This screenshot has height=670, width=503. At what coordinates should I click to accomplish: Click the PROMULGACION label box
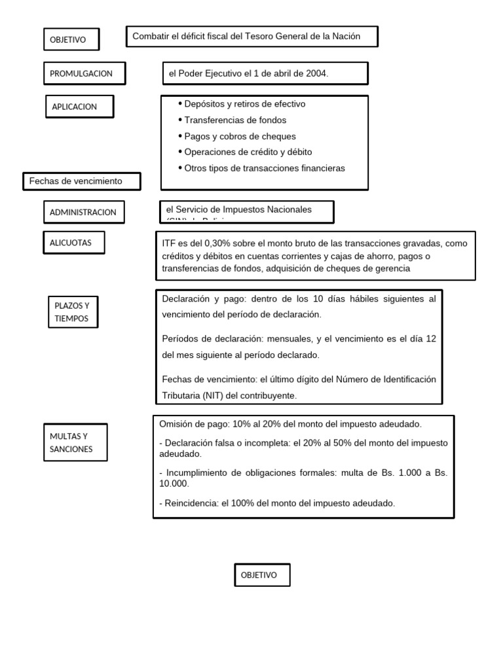(84, 74)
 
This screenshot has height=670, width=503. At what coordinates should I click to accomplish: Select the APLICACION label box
(79, 107)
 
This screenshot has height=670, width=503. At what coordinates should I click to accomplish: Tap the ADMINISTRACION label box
(83, 212)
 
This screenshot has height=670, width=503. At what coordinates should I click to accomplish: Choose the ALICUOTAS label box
(73, 243)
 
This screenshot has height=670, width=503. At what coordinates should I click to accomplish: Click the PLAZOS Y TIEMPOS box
(73, 311)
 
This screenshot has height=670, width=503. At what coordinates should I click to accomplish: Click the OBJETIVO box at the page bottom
(262, 575)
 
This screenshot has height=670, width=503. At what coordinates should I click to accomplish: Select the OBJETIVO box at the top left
(71, 39)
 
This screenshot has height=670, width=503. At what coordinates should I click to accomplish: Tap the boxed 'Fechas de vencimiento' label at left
(82, 181)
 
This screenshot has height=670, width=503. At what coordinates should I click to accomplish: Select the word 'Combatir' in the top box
(150, 37)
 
